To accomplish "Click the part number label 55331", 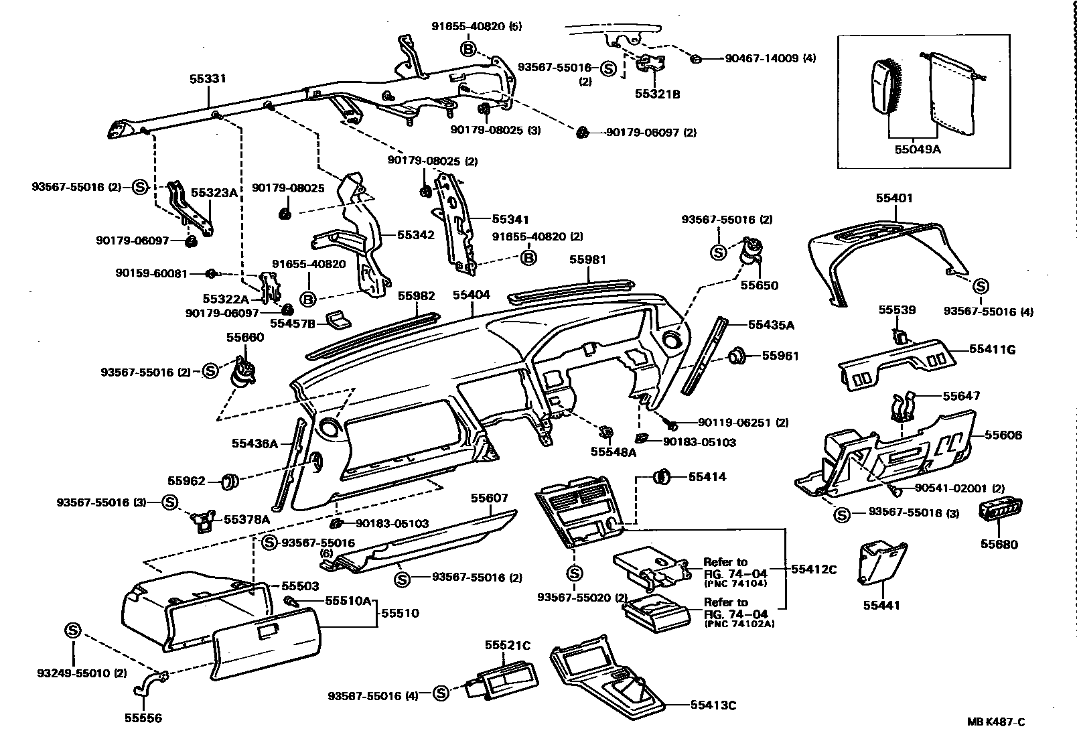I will [208, 79].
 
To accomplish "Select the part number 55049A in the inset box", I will [917, 149].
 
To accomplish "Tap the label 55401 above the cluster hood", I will [894, 199].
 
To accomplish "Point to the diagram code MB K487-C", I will [995, 722].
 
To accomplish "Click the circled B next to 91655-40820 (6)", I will [468, 49].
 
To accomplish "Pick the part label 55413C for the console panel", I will [713, 705].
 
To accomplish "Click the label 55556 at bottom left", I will [143, 718].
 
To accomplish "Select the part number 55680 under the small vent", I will [999, 545].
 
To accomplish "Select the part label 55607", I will [489, 498].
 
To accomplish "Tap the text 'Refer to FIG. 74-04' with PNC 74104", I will [735, 568].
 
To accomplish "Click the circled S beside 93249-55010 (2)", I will [72, 630].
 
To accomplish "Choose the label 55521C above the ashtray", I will [508, 645].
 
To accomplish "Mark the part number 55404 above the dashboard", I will [471, 295].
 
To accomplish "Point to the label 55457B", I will [292, 324].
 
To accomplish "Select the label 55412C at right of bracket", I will [814, 569].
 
